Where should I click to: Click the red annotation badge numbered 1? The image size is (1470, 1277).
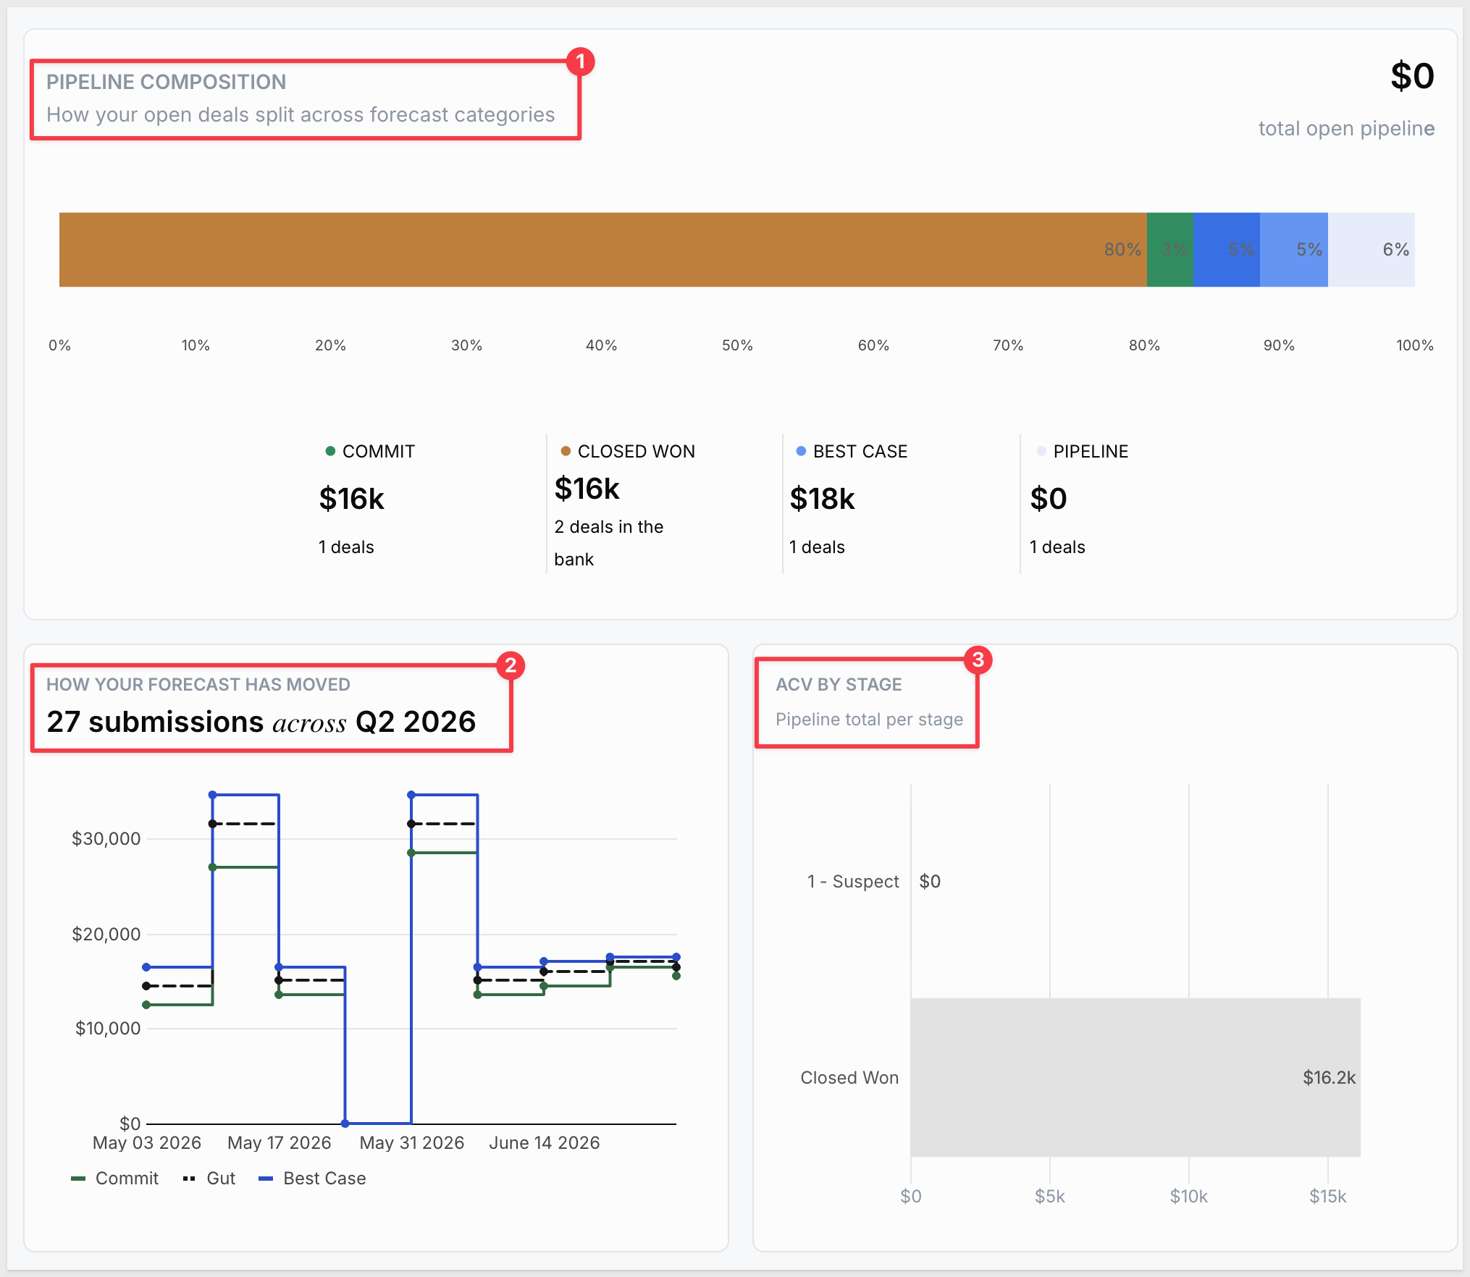(x=580, y=62)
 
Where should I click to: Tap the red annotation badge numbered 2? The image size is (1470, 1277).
(x=511, y=665)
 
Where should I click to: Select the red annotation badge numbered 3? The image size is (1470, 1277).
(x=978, y=659)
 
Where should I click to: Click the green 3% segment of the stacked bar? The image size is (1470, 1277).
(x=1169, y=250)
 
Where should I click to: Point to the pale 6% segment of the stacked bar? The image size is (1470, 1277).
(x=1372, y=250)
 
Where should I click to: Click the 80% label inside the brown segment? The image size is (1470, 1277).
(x=1122, y=250)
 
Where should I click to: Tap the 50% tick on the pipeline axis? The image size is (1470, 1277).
(x=737, y=345)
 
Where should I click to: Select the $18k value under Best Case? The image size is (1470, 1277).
(x=822, y=499)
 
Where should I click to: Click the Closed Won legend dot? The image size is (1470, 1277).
(x=566, y=451)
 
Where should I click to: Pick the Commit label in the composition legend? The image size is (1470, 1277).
(x=378, y=452)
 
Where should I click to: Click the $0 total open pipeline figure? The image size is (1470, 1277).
(x=1412, y=76)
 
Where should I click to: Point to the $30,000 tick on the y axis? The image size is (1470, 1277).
(x=106, y=838)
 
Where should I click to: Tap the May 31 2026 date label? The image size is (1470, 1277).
(x=411, y=1142)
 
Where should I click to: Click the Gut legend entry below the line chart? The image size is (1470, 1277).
(x=209, y=1178)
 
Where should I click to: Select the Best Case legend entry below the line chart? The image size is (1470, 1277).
(x=312, y=1178)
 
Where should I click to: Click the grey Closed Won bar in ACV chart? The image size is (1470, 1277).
(x=1135, y=1077)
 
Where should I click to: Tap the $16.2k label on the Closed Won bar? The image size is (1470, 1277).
(x=1329, y=1077)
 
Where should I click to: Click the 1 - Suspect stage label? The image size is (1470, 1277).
(x=853, y=881)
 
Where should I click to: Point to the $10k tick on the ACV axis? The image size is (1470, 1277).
(x=1189, y=1197)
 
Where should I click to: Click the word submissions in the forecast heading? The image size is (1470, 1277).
(x=176, y=722)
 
